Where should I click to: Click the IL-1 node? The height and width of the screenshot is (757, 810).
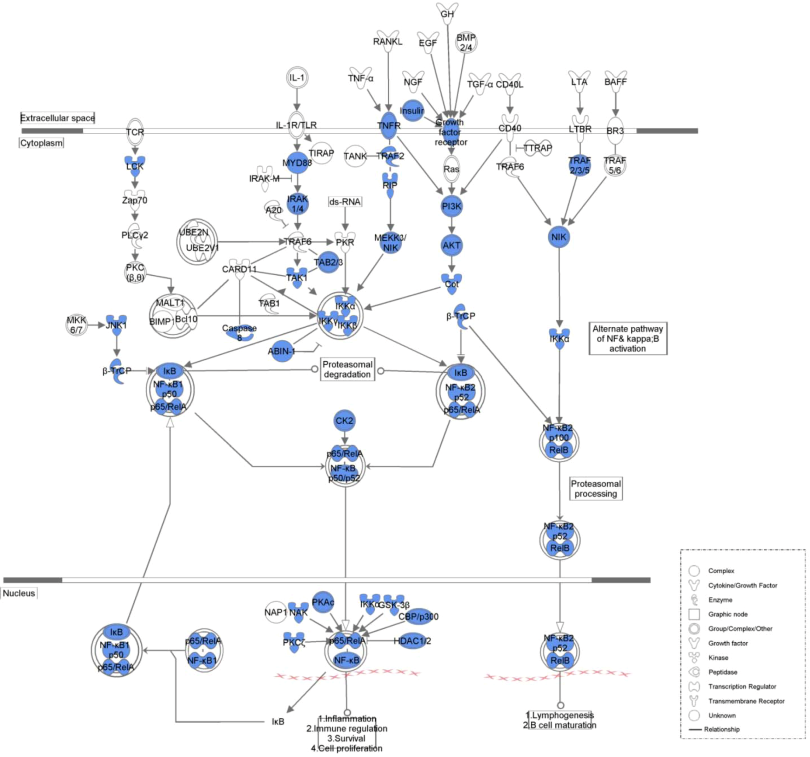(x=297, y=78)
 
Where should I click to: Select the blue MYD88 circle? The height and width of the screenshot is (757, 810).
(x=297, y=163)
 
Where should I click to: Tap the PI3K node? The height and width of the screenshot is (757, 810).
(x=451, y=206)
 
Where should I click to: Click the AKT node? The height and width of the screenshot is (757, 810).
(x=451, y=246)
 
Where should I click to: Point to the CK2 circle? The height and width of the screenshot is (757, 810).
(x=344, y=420)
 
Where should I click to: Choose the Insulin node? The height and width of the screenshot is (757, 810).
(x=412, y=110)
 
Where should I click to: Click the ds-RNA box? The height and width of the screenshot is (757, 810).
(x=345, y=202)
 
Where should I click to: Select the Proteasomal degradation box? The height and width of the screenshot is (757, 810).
(x=348, y=369)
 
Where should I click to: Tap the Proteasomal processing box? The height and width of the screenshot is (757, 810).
(x=596, y=489)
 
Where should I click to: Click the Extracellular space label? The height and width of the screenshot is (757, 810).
(x=57, y=118)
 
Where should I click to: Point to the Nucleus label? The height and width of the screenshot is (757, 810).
(x=19, y=593)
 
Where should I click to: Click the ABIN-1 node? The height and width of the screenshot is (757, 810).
(x=281, y=351)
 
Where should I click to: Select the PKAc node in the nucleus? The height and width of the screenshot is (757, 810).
(x=323, y=602)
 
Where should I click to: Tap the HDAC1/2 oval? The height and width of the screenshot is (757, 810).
(x=412, y=641)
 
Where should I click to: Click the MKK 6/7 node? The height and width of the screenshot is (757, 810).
(x=77, y=325)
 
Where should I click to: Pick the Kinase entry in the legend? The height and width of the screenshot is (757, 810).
(x=718, y=658)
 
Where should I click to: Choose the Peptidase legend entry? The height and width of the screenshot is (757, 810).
(x=722, y=672)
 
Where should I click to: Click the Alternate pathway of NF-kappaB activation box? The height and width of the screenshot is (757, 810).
(x=628, y=339)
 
